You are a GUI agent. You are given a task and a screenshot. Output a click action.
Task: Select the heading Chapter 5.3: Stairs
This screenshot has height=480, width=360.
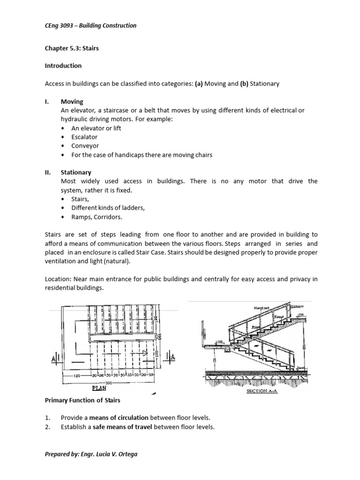tap(72, 48)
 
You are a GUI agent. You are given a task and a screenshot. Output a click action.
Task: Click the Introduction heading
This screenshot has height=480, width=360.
tap(63, 66)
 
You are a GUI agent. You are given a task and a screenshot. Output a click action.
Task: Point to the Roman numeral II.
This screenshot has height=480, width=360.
tap(48, 172)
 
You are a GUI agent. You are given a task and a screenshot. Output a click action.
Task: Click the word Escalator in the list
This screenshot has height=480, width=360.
tap(84, 137)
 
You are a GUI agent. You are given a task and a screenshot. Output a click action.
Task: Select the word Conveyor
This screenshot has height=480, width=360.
tap(84, 146)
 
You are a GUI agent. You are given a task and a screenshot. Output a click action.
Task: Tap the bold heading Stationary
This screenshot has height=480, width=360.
tap(76, 172)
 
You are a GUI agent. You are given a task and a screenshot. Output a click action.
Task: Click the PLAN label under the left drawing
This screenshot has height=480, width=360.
tap(99, 388)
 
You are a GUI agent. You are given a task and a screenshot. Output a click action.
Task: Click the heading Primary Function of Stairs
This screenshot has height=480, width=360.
tap(82, 400)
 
